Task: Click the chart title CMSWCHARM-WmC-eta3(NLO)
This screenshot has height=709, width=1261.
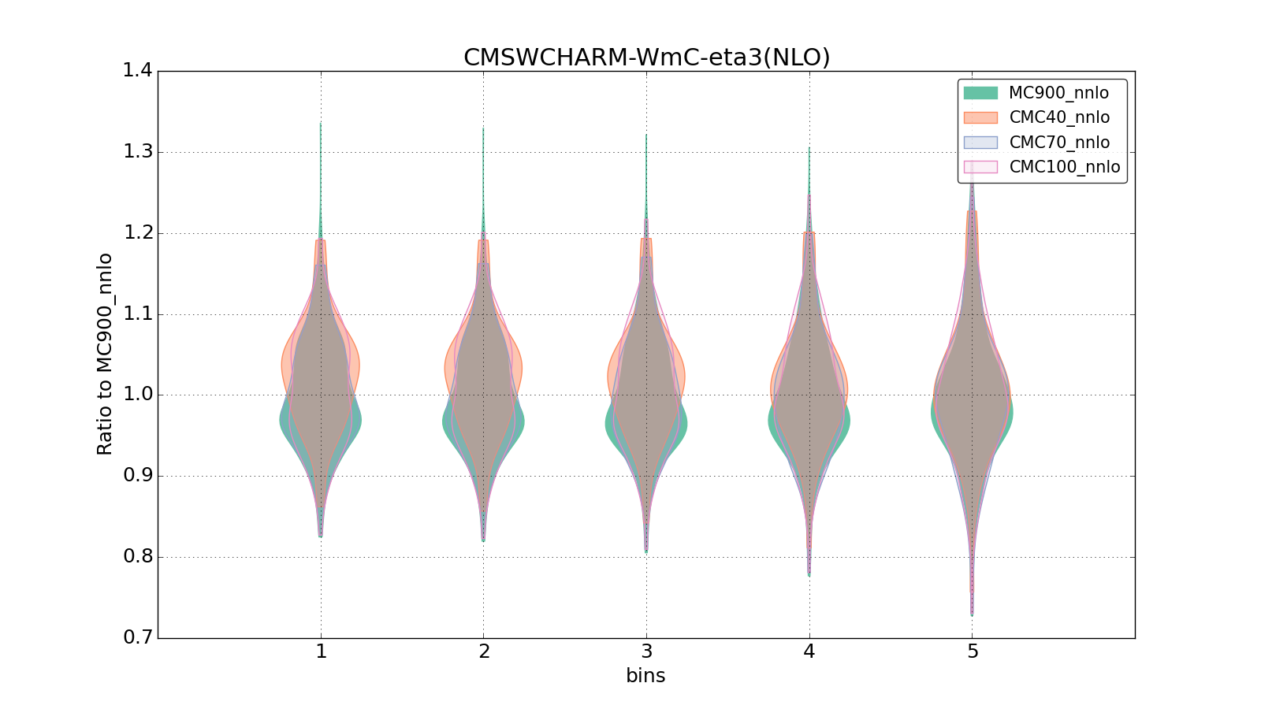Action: click(x=646, y=58)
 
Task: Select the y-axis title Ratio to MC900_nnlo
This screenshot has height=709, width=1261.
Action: click(x=105, y=354)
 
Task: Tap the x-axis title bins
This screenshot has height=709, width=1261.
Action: click(x=645, y=676)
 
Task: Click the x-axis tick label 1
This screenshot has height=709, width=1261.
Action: click(x=321, y=652)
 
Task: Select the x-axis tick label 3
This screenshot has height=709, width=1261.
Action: click(x=646, y=652)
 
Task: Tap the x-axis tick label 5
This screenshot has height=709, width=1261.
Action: click(x=973, y=652)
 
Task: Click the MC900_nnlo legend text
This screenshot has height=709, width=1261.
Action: click(x=1058, y=93)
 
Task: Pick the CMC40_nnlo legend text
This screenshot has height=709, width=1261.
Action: click(x=1059, y=117)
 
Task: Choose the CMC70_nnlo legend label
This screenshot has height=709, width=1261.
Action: click(x=1059, y=143)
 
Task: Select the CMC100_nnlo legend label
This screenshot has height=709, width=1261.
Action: click(x=1064, y=167)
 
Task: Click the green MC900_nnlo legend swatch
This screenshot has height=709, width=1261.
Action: click(x=980, y=93)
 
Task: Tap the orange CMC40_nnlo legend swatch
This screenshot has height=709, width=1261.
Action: click(x=980, y=117)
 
